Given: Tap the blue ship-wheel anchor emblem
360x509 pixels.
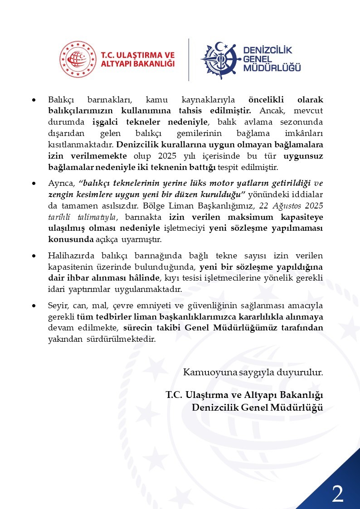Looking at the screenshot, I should pos(220,60).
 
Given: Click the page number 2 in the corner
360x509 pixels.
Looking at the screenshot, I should pos(337,494).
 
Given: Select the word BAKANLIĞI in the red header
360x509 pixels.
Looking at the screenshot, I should pos(152,64).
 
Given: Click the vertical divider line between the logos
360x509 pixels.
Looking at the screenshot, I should pos(189,59).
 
